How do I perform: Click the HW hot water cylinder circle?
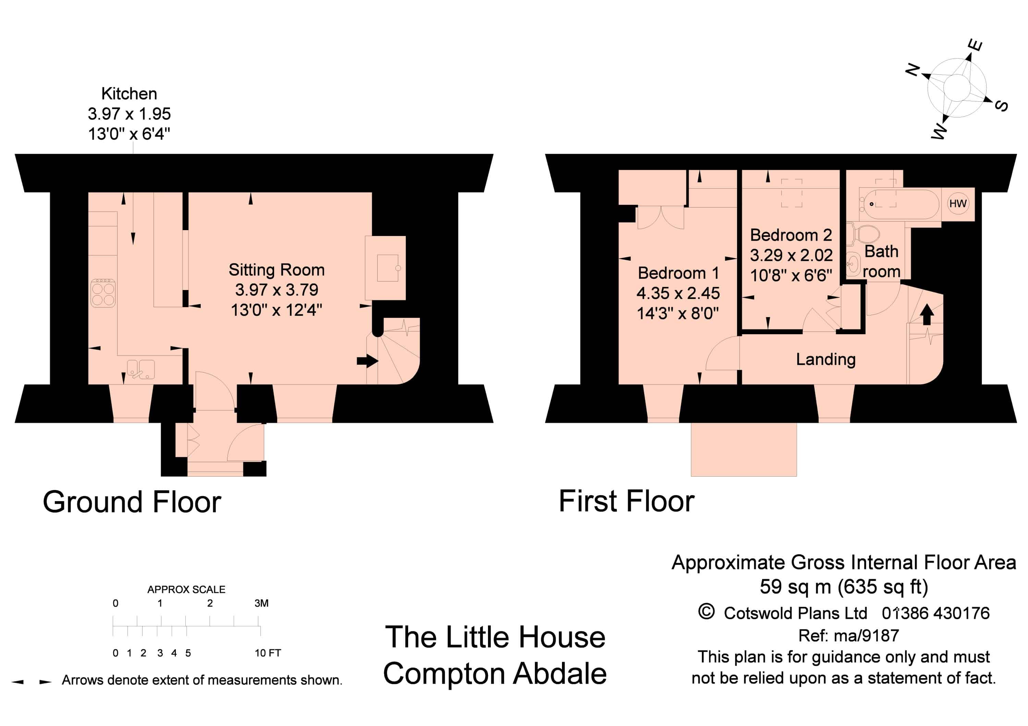958,203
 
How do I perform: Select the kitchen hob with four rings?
103,293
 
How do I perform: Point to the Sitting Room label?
276,270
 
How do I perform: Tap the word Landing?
825,359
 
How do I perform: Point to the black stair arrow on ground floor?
367,361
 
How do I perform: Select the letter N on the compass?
913,70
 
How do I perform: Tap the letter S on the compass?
1001,105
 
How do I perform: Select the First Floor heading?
626,501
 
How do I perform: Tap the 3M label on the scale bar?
261,603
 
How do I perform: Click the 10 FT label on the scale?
268,653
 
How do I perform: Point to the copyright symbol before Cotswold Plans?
707,612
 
